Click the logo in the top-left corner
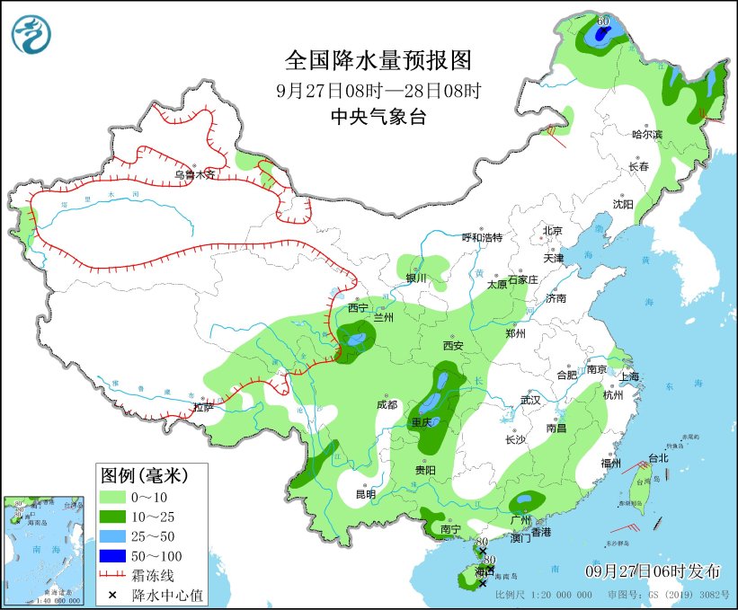(31, 33)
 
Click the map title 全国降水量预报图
(378, 60)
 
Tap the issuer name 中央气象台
(378, 116)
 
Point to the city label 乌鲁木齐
(195, 175)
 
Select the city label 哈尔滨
(646, 134)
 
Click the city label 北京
(552, 231)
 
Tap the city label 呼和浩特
(482, 237)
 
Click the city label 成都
(387, 404)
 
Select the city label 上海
(627, 376)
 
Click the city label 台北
(658, 457)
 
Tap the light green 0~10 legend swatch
(111, 497)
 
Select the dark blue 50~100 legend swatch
(111, 556)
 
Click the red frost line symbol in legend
(111, 576)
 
